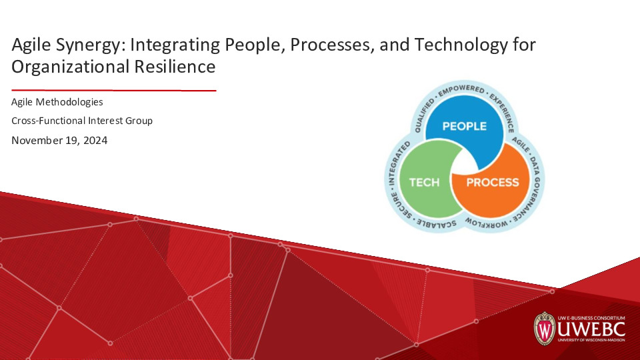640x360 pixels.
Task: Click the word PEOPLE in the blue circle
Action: tap(465, 126)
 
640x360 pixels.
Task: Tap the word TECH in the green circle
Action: tap(424, 182)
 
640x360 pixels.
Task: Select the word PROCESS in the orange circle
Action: tap(492, 182)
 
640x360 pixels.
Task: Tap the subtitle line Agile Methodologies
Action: tap(57, 102)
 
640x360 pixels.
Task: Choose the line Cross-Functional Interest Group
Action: tap(82, 121)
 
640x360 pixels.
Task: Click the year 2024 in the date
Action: tap(94, 140)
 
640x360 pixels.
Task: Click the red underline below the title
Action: tap(113, 90)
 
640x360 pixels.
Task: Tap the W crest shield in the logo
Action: tap(545, 328)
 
